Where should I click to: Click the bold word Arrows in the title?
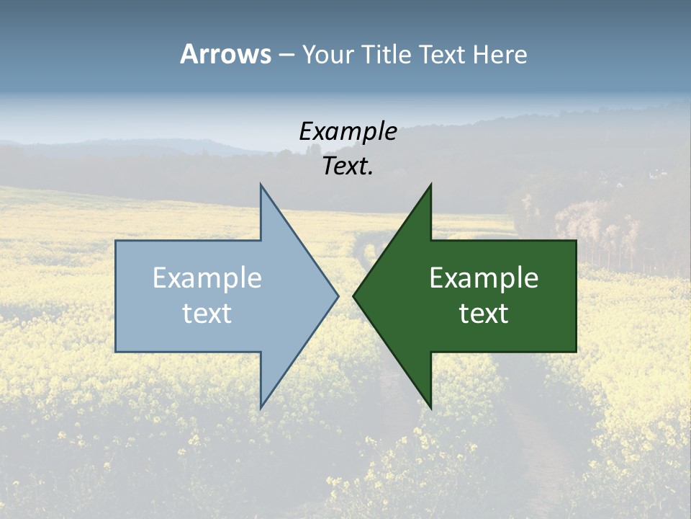(225, 54)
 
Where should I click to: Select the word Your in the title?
(328, 55)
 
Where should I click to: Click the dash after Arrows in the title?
(286, 55)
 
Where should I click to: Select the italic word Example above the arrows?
(348, 131)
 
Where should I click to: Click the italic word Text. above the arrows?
(348, 167)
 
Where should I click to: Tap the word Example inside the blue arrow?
(207, 278)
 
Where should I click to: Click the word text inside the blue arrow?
(207, 313)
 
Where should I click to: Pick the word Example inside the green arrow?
(484, 278)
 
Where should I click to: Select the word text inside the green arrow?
(484, 313)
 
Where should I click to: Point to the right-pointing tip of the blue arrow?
(338, 296)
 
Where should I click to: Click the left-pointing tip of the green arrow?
(353, 296)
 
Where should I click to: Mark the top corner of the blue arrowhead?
(261, 185)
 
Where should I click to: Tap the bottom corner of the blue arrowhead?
(261, 408)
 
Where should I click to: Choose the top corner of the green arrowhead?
(430, 185)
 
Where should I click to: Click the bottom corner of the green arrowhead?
(430, 408)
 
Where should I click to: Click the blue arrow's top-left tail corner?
(116, 241)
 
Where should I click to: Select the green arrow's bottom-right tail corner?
(576, 351)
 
